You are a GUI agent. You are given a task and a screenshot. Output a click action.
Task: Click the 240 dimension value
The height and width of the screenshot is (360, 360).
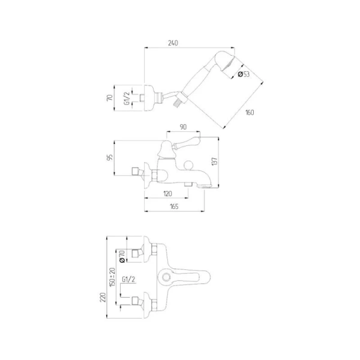click(173, 43)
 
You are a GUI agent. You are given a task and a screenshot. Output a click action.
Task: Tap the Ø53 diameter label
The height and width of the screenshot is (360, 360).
click(244, 74)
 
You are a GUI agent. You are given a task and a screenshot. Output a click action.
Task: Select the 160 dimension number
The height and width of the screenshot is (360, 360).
click(250, 113)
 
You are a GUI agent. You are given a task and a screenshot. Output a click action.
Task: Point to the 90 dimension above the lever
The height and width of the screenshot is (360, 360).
click(183, 127)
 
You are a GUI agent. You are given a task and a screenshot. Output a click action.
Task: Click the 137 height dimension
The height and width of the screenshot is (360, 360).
click(214, 161)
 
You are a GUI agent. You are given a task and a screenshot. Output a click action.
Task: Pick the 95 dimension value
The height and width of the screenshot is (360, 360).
click(110, 157)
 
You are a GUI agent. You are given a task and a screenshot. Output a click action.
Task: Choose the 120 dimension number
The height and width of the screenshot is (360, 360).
click(167, 194)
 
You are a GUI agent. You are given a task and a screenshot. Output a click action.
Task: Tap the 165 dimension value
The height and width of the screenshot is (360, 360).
click(174, 206)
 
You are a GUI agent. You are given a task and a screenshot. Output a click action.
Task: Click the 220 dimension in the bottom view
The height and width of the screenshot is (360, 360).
click(103, 298)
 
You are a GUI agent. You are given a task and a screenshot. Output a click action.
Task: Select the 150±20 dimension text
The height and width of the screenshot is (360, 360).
click(112, 277)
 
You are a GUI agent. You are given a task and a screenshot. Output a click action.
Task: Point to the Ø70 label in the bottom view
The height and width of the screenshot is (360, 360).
click(122, 256)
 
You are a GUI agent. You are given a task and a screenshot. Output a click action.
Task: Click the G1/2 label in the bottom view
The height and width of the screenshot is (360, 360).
click(128, 280)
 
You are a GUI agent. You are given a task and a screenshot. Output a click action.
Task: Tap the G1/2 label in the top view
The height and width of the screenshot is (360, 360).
click(127, 98)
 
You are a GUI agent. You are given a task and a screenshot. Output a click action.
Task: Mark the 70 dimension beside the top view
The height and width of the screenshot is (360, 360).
click(110, 98)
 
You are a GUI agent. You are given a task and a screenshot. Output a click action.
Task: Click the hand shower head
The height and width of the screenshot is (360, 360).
click(225, 61)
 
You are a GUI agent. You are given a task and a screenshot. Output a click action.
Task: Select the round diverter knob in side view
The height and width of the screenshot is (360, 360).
click(189, 165)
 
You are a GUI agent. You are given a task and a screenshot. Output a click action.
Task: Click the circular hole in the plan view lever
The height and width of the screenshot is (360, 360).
click(166, 277)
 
